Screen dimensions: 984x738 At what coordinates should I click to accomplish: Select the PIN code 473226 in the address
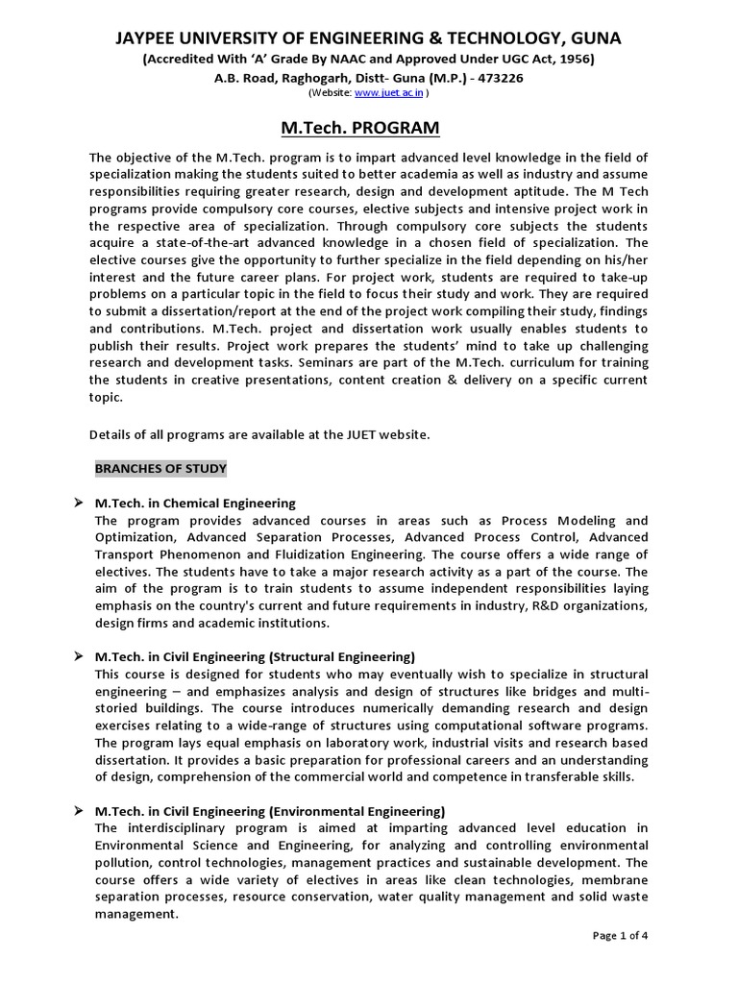[500, 78]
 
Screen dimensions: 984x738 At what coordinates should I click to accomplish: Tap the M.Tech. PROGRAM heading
[369, 128]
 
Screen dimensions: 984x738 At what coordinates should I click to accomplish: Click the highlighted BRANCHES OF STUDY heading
[160, 469]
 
